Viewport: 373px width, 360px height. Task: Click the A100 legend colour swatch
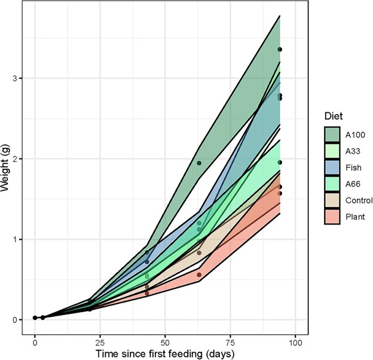(332, 134)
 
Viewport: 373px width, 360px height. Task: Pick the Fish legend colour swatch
(332, 167)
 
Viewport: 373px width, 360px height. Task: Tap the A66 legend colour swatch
(332, 184)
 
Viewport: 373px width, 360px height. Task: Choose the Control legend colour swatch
(332, 201)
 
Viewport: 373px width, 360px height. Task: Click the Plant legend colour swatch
(332, 217)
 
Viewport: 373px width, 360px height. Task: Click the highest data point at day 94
(280, 50)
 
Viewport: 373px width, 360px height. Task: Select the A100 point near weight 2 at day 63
(199, 163)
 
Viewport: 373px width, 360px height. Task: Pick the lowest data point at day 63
(199, 275)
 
